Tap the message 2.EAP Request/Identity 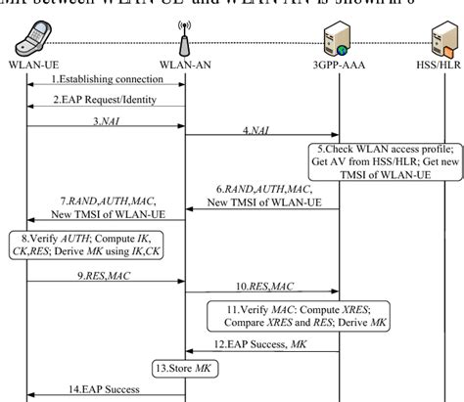[108, 101]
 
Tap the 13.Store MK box [184, 369]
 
